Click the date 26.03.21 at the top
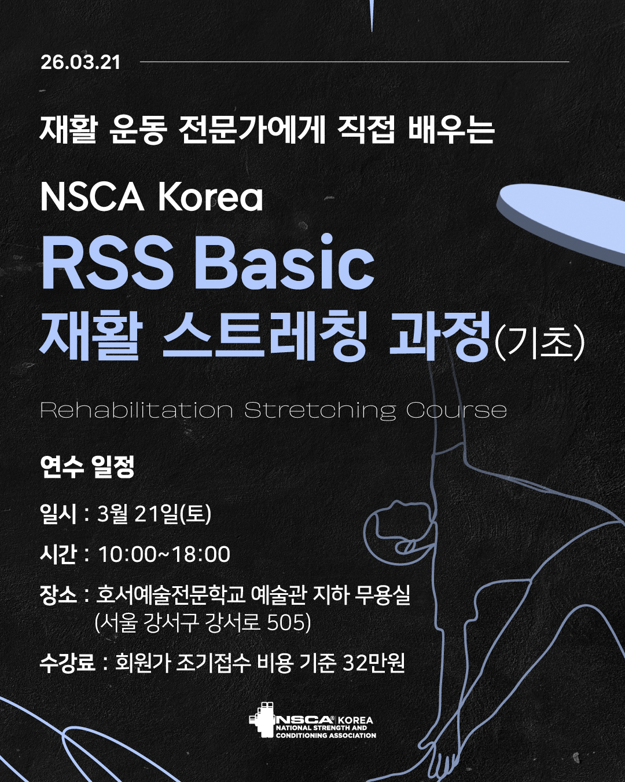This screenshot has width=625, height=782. coord(80,63)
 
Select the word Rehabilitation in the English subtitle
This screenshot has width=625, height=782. coord(137,410)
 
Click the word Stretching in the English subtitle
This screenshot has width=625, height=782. coord(319,411)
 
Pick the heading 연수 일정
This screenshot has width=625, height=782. coord(87,466)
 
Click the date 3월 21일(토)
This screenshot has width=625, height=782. coord(155,514)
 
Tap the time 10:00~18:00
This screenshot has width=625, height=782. coord(164,554)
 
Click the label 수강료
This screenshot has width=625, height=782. coord(68,662)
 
